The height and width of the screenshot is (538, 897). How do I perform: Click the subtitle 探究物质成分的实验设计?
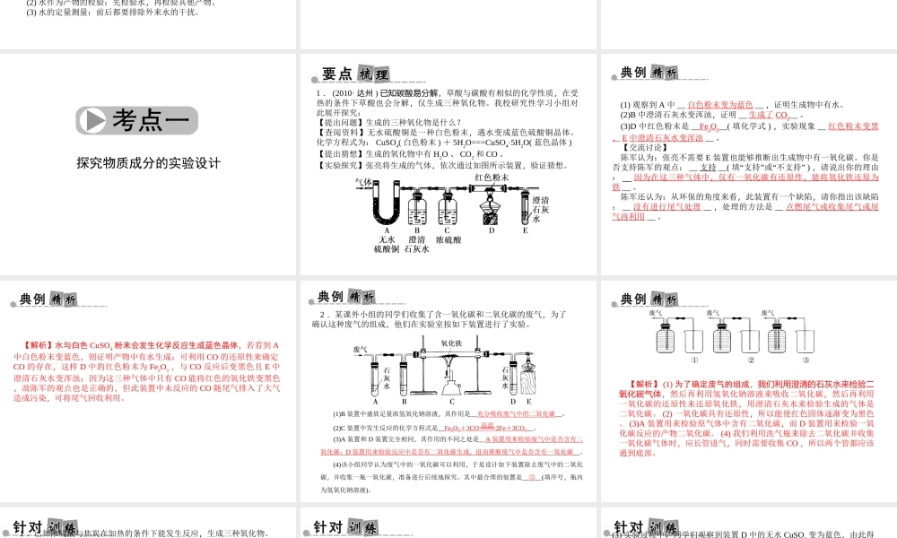click(x=148, y=163)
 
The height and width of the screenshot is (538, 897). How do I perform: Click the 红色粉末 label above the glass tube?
click(x=492, y=178)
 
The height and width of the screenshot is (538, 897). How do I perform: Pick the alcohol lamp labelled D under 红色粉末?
click(x=491, y=216)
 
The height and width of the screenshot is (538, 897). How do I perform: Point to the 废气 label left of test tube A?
click(x=360, y=349)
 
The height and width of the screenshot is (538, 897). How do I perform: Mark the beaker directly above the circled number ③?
click(x=790, y=339)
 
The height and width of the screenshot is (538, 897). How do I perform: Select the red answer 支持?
click(x=708, y=167)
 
